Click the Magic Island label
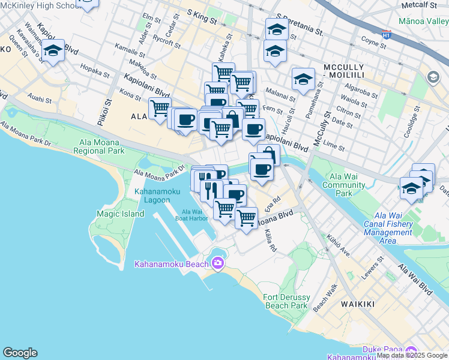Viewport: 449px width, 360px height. point(120,214)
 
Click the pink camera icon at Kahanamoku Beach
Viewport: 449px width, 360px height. point(217,263)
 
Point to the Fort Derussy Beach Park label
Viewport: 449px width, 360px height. point(286,301)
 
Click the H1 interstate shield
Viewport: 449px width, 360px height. point(387,34)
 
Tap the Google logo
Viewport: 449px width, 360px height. point(20,353)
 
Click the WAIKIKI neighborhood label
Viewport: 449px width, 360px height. point(358,304)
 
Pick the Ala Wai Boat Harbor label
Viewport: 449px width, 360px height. point(194,215)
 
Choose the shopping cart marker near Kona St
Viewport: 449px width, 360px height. point(160,109)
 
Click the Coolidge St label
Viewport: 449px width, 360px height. point(412,124)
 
